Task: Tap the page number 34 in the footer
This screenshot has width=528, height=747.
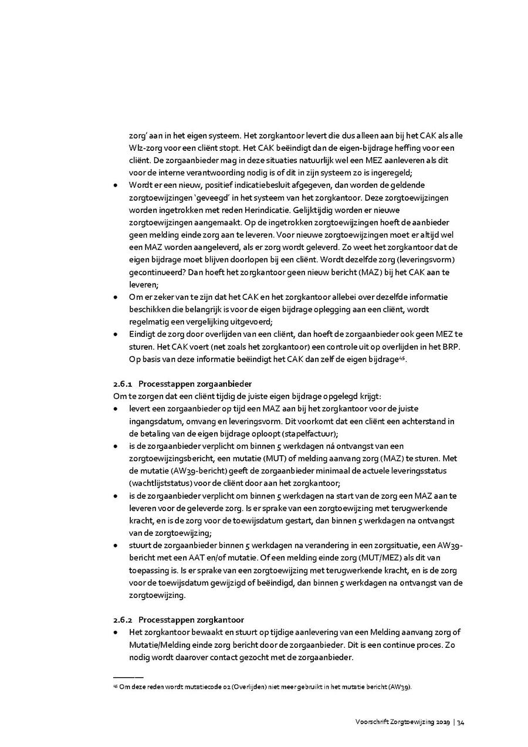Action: tap(461, 722)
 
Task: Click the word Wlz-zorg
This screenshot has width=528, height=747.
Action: tap(143, 148)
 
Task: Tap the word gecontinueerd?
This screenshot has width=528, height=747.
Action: tap(154, 272)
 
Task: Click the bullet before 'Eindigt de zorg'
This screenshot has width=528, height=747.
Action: tap(116, 334)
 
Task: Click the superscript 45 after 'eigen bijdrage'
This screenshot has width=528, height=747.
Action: tap(402, 357)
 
